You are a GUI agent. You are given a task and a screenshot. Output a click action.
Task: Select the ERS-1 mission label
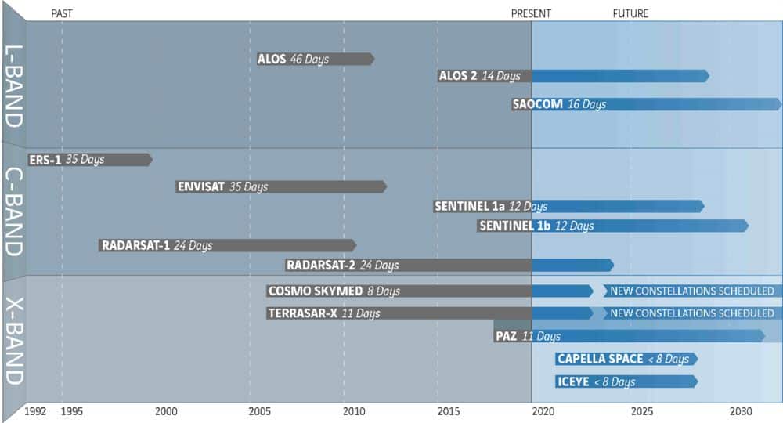[45, 160]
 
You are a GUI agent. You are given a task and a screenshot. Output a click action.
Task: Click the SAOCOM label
[538, 104]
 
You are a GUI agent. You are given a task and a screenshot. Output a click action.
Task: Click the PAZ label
[506, 336]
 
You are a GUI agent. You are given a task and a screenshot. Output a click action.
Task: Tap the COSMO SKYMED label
[316, 291]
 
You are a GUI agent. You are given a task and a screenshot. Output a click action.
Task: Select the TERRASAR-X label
[302, 313]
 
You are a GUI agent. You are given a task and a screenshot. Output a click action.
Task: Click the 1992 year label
[35, 410]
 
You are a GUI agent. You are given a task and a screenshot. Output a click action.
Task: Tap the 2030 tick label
[741, 410]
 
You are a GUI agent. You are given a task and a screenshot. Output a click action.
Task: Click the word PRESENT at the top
[531, 13]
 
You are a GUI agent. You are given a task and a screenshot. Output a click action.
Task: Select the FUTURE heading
[630, 13]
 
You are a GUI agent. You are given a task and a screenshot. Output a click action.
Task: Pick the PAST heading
[62, 13]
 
